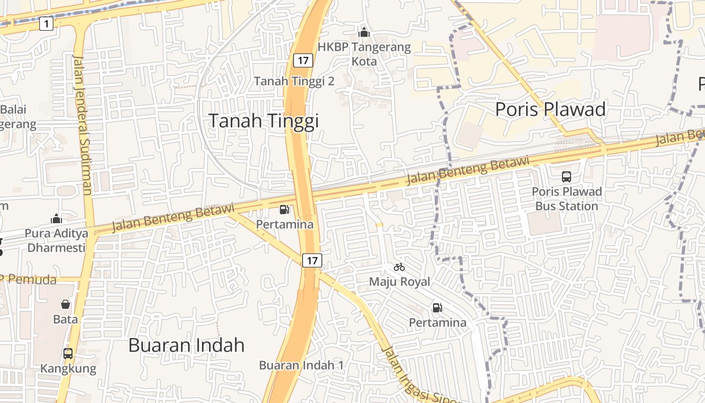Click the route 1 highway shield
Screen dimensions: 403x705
tap(46, 23)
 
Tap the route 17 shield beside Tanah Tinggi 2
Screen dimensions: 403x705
tap(303, 60)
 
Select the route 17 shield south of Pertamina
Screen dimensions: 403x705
tap(312, 260)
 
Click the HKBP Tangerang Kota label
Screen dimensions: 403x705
tap(364, 54)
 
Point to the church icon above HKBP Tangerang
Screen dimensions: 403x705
tap(364, 33)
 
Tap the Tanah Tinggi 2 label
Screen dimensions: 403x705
tap(294, 81)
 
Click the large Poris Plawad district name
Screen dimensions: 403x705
tap(550, 109)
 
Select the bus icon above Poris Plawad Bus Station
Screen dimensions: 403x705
tap(567, 177)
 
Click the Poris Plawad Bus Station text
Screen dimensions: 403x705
tap(567, 199)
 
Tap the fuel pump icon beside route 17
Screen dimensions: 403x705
tap(285, 210)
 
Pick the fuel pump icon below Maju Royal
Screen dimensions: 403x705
tap(438, 307)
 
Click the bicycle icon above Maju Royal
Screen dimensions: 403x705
tap(399, 267)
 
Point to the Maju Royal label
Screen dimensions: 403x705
tap(399, 282)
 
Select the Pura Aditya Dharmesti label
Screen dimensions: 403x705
tap(57, 240)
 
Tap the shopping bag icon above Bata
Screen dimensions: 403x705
tap(65, 304)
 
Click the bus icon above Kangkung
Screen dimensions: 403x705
tap(68, 354)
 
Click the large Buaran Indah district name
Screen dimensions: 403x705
tap(186, 345)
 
